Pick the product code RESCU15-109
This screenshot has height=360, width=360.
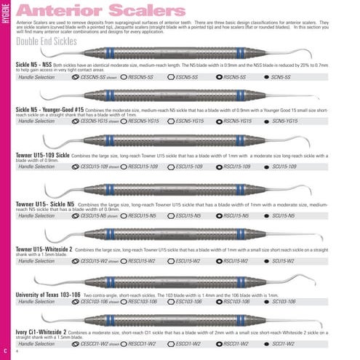click(x=143, y=167)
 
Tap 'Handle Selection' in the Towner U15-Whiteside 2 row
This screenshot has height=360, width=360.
click(x=36, y=260)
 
